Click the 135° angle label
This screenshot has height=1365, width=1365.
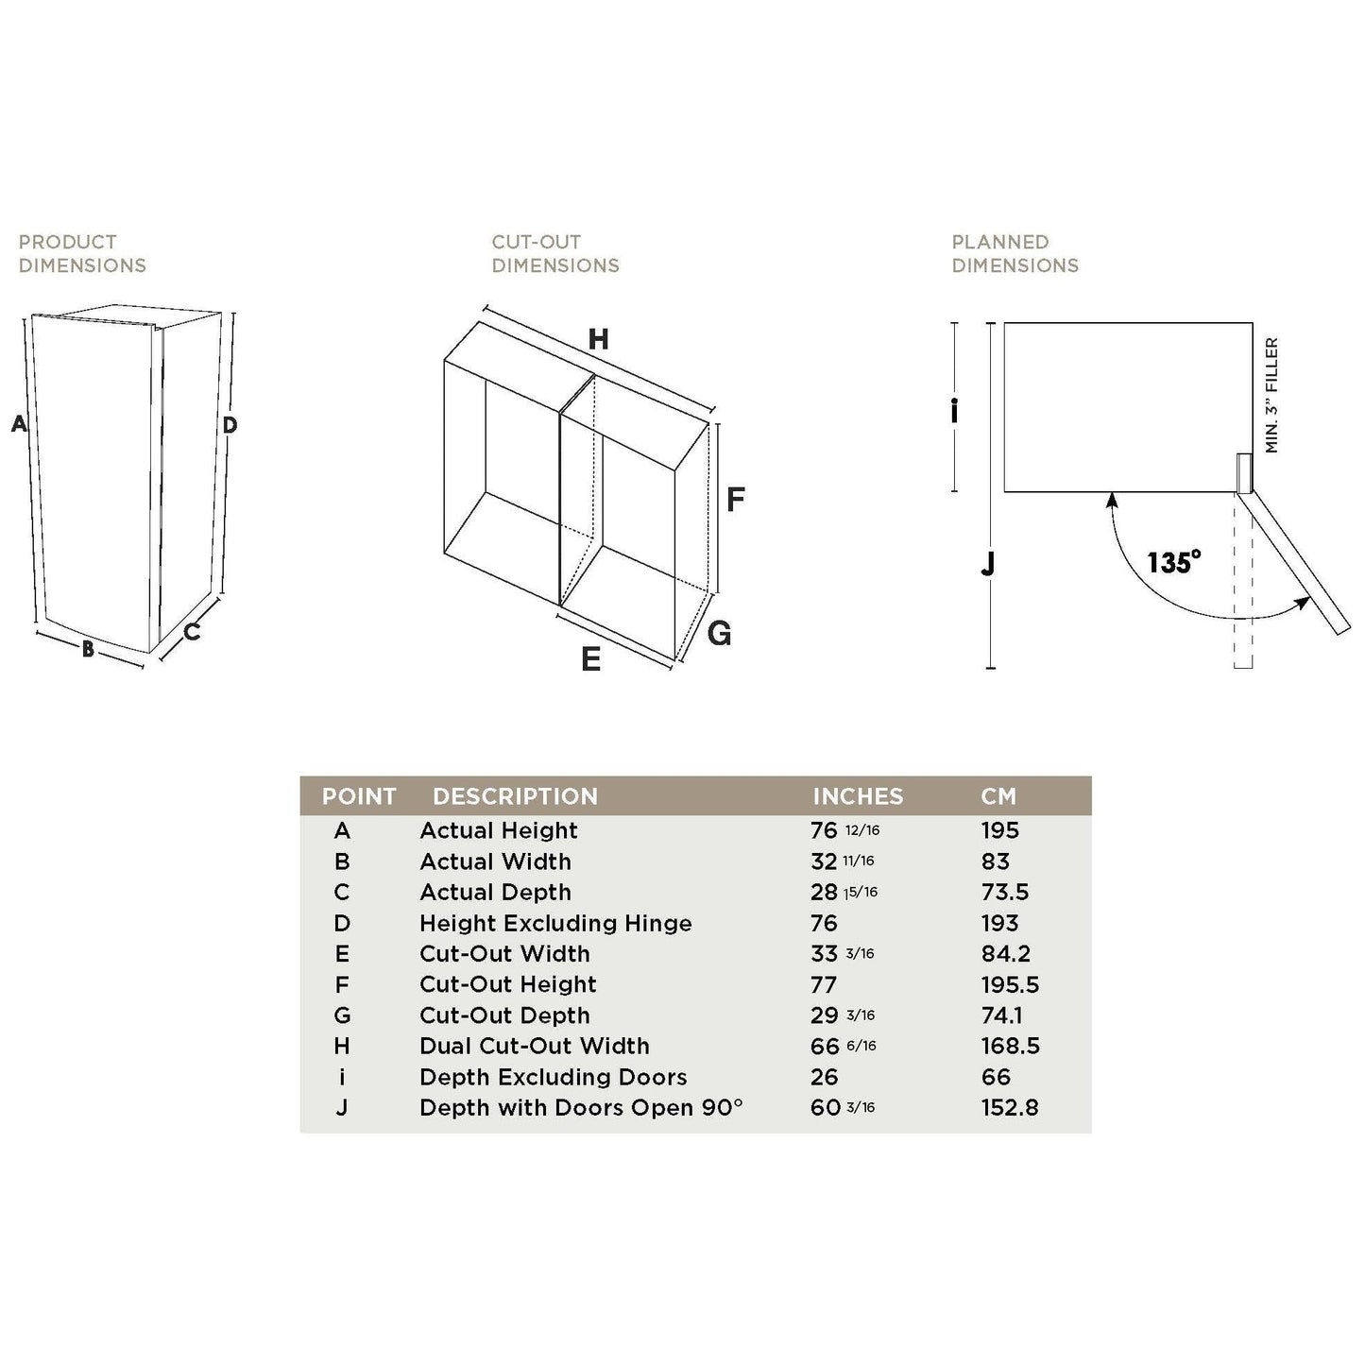[1174, 562]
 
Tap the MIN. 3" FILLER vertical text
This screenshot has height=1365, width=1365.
[1271, 395]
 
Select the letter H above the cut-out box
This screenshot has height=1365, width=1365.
[599, 340]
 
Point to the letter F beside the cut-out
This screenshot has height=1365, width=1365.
[736, 500]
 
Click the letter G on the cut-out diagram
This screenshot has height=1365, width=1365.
[720, 633]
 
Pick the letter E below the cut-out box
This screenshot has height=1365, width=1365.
[590, 659]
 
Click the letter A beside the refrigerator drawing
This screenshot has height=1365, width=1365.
[19, 423]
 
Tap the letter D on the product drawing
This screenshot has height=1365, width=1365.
[230, 425]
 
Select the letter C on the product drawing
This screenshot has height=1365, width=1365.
[192, 631]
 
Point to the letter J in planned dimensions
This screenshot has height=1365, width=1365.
[988, 565]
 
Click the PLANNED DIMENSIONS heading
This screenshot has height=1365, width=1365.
[1015, 253]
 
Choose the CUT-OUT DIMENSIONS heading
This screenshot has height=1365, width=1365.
[555, 253]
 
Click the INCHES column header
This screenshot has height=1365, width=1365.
[858, 796]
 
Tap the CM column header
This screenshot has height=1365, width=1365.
[998, 796]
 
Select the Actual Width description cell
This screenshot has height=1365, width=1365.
[495, 862]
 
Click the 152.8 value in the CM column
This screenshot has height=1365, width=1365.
[1010, 1107]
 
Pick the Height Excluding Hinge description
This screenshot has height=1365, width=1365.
[556, 923]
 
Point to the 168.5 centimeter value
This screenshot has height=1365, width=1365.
[1011, 1046]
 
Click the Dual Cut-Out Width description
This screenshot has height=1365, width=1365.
[535, 1046]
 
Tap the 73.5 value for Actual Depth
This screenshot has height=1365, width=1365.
[1005, 892]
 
